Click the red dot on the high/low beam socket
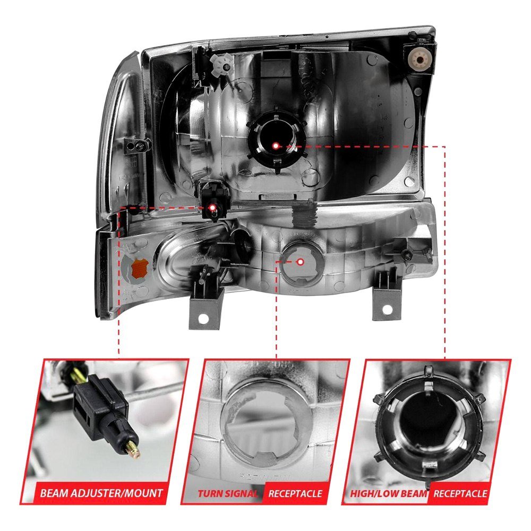[275, 145]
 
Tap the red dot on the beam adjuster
[212, 207]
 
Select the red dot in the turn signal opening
[300, 261]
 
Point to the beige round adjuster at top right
[420, 61]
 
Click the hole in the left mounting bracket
[203, 318]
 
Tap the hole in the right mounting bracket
[387, 310]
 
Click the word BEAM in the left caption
[55, 493]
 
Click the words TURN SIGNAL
[228, 493]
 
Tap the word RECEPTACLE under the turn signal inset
[295, 493]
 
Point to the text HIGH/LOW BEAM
[389, 493]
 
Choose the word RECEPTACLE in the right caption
[460, 493]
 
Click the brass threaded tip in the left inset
[133, 449]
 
